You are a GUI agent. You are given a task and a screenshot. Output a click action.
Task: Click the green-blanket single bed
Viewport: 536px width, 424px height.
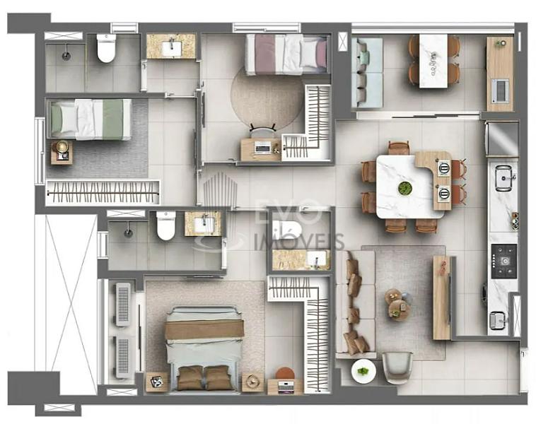coord(91,119)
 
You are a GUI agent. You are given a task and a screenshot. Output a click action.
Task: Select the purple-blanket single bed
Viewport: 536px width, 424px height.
coord(287,54)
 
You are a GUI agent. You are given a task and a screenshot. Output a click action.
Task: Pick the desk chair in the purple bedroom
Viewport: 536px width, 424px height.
coord(262,131)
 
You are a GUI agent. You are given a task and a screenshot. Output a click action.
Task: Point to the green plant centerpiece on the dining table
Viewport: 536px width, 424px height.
coord(405,188)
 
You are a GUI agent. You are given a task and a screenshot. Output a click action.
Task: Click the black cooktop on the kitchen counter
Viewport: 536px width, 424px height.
coord(504,261)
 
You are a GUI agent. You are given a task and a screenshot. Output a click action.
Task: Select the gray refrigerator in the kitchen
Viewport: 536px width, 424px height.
coord(502,139)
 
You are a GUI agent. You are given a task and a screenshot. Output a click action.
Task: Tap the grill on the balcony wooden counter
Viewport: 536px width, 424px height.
coord(500,90)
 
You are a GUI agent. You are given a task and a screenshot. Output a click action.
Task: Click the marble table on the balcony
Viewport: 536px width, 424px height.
coord(433,61)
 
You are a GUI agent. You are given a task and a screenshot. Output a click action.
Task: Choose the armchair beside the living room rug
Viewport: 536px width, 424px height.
coord(397,367)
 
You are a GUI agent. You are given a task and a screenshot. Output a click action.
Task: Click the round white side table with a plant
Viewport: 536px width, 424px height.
coord(363,371)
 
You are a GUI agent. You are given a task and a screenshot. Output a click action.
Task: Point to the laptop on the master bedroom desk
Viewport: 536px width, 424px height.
coord(285,387)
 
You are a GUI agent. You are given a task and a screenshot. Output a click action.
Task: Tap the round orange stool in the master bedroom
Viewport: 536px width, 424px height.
coord(285,373)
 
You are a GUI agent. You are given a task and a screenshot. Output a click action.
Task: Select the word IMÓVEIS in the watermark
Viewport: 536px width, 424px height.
coord(299,242)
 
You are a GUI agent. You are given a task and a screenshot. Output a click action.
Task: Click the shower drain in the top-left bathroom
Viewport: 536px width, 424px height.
coord(65,55)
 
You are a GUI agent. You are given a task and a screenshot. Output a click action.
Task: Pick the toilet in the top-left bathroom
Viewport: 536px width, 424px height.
coord(106,48)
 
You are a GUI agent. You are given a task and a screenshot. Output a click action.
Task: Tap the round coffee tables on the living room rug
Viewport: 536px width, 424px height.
coord(398,303)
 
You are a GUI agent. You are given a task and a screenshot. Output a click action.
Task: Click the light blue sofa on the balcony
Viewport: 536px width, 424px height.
coord(367,72)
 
